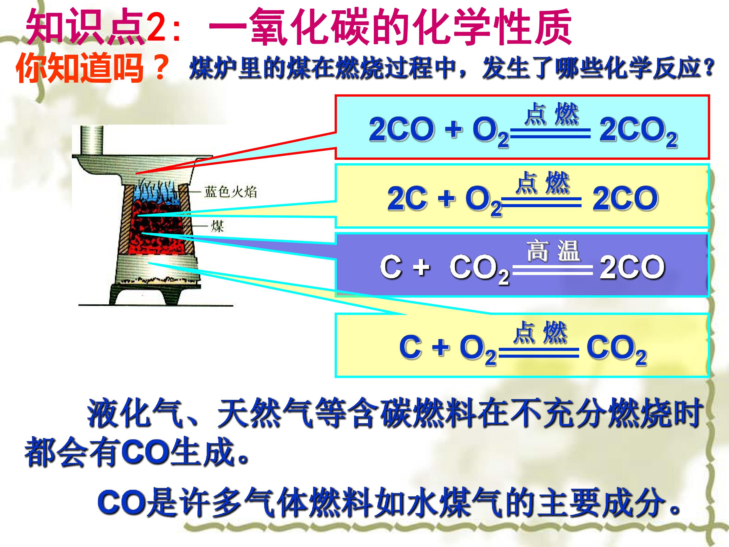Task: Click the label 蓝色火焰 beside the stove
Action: coord(230,191)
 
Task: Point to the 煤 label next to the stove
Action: coord(217,226)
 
